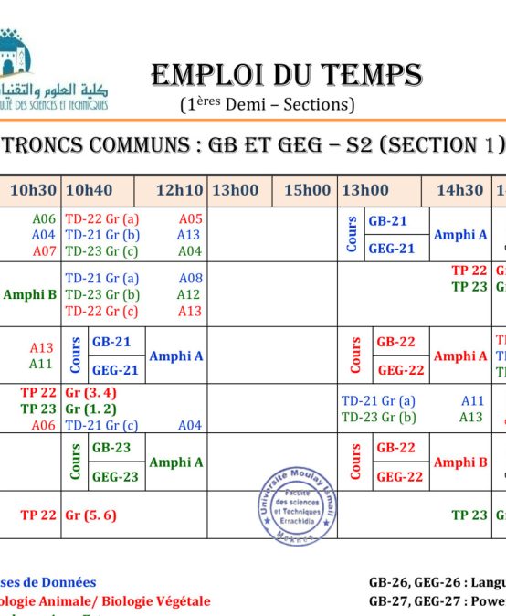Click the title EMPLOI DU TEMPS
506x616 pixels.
tap(286, 75)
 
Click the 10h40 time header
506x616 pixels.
tap(90, 191)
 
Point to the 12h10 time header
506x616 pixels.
tap(179, 191)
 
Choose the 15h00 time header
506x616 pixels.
tap(307, 191)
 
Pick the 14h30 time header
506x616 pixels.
tap(459, 191)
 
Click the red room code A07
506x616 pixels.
tap(44, 251)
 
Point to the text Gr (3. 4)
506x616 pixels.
tap(90, 393)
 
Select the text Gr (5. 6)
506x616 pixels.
tap(90, 515)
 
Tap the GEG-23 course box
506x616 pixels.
tap(115, 477)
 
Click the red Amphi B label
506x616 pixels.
tap(460, 462)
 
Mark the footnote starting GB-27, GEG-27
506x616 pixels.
tap(437, 600)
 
